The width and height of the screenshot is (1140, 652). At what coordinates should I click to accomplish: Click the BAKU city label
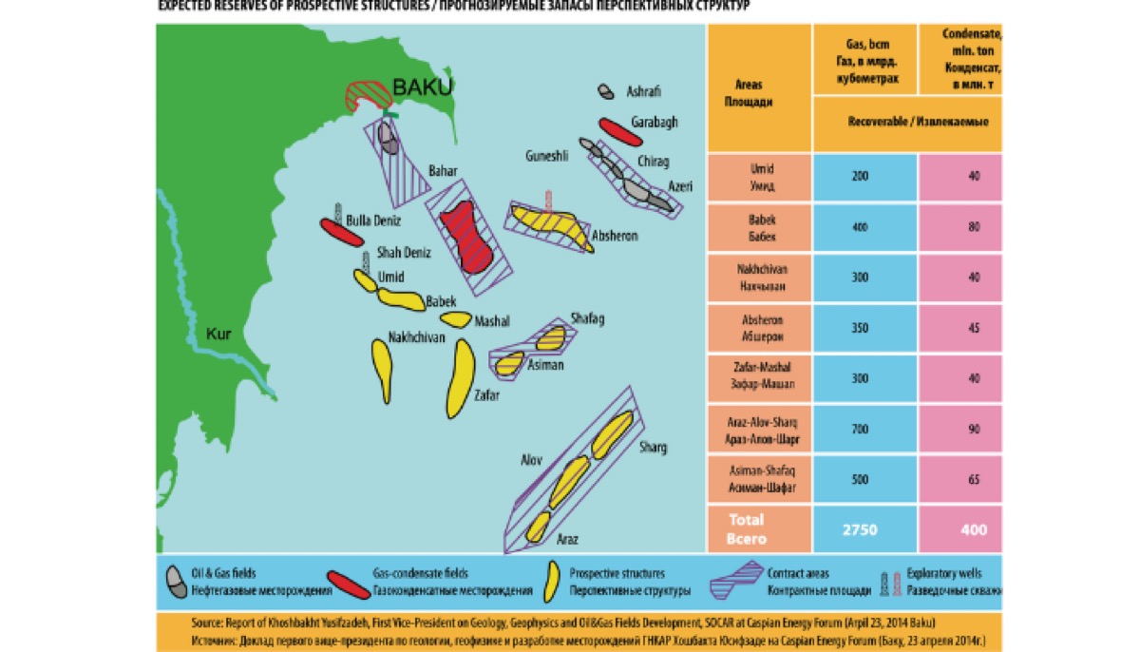click(x=423, y=87)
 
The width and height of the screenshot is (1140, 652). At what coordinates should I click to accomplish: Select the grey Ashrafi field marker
click(x=605, y=92)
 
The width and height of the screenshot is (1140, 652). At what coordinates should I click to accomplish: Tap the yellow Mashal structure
click(x=456, y=320)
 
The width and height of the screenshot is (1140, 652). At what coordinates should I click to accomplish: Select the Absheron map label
click(x=614, y=235)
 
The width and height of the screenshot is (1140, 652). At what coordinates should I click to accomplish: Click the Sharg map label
click(x=653, y=447)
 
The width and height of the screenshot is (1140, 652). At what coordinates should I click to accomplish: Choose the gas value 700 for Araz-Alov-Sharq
click(x=861, y=429)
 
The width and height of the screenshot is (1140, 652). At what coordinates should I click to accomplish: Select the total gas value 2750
click(x=861, y=529)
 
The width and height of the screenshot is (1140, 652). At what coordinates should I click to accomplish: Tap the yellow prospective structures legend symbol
click(x=550, y=581)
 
